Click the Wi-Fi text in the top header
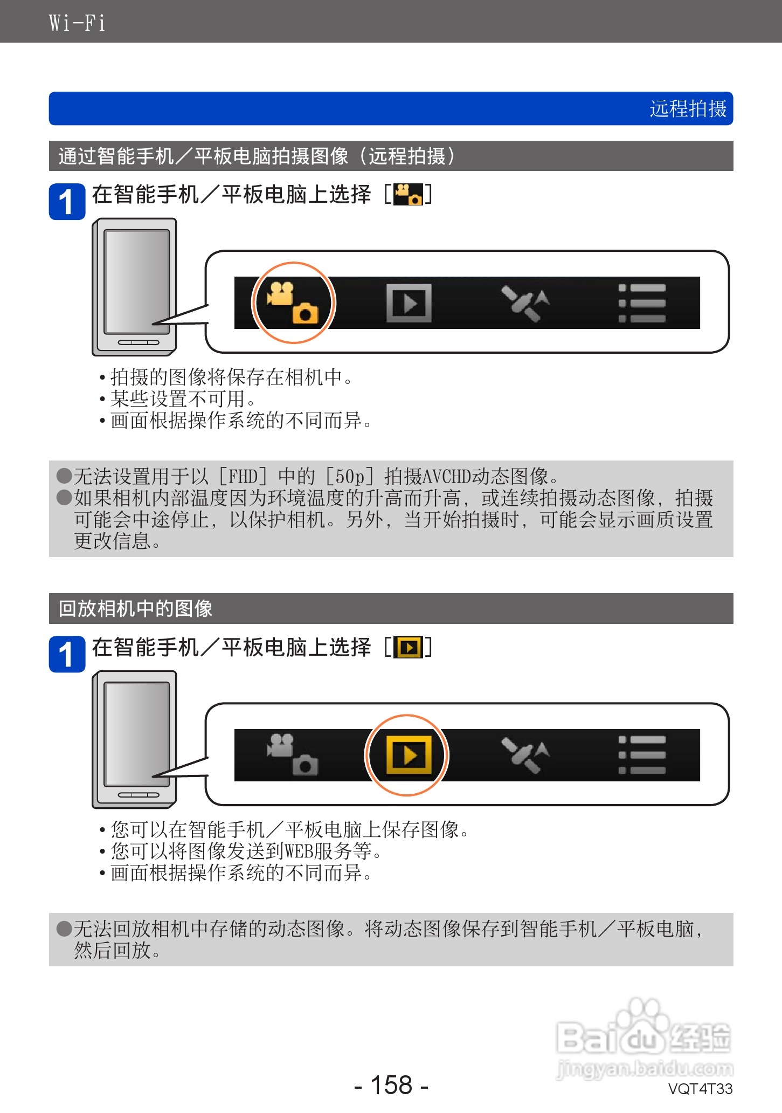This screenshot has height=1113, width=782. point(77,23)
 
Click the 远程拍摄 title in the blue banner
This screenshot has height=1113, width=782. point(688,109)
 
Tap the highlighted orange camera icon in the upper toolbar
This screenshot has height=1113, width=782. point(293,303)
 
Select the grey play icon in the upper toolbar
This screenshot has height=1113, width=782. point(409,303)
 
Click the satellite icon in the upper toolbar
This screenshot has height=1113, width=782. point(525,303)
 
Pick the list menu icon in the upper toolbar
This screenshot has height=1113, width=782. point(642,303)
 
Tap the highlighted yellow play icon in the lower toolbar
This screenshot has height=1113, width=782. point(409,755)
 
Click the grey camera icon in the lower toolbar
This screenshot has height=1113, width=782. point(293,754)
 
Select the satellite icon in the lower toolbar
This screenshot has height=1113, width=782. point(525,755)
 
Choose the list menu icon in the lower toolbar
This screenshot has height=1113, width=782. point(642,755)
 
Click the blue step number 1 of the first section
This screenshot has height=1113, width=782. point(67,202)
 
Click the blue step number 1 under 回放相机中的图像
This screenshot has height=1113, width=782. point(67,654)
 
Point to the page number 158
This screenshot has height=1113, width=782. point(391,1085)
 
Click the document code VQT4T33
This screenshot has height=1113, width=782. point(700,1089)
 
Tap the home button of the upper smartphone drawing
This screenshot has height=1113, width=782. point(139,342)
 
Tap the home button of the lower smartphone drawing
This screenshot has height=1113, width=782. point(139,795)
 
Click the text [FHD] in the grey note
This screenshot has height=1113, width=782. point(243,477)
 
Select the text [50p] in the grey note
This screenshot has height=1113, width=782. point(350,477)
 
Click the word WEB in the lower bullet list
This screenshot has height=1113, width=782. point(299,851)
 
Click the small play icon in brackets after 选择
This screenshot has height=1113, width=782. point(409,647)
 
